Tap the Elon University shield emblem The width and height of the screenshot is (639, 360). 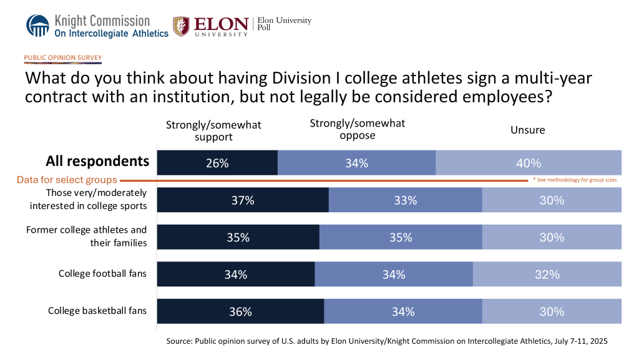point(181,26)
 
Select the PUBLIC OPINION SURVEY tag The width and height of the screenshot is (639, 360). point(63,58)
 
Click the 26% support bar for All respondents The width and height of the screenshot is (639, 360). point(217,163)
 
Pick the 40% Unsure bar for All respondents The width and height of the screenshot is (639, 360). point(528,163)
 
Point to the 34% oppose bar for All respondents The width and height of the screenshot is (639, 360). point(356,163)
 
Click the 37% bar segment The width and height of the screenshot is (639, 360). point(243,200)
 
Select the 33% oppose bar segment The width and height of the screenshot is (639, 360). point(405,200)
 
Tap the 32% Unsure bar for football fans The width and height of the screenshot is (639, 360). point(547,275)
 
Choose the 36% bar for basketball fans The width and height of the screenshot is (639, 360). point(240,311)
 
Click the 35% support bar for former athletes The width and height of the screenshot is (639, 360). point(238,237)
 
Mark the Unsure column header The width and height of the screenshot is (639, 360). point(527,130)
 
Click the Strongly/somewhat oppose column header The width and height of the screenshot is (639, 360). point(358,129)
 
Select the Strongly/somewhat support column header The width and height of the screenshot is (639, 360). point(213,130)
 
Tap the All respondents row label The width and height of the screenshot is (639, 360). point(97,161)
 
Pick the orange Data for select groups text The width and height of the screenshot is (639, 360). point(67,180)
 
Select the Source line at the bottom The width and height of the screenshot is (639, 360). point(387,341)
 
